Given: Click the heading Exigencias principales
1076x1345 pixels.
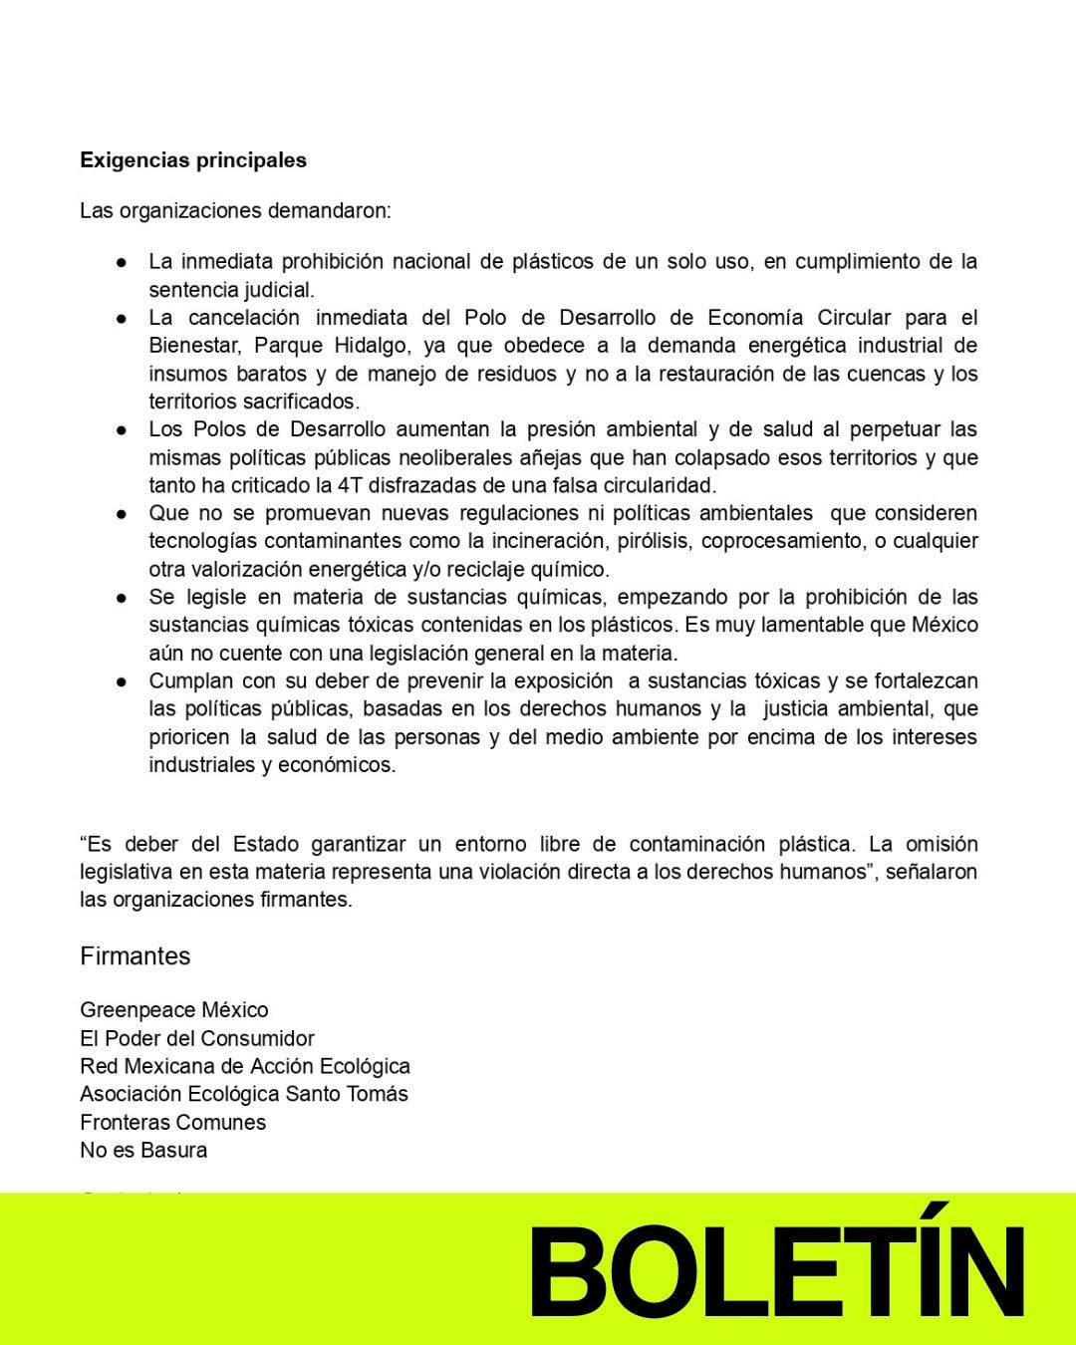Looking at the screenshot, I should [x=193, y=160].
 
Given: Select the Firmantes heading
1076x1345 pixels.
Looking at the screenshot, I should [x=134, y=956].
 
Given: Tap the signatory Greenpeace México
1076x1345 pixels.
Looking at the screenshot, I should [x=174, y=1010].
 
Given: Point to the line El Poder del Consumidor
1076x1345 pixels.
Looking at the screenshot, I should [x=197, y=1038].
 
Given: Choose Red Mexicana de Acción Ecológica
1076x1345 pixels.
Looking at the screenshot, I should [x=245, y=1066].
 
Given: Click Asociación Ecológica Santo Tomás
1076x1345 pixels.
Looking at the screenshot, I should [x=244, y=1094].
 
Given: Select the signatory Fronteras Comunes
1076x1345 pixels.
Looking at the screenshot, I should [x=173, y=1122].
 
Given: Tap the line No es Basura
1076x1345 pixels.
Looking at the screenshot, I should [x=143, y=1150].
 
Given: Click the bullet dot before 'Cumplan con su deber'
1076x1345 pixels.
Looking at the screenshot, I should [x=121, y=682].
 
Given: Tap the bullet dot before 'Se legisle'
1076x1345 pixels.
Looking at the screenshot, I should [x=121, y=599].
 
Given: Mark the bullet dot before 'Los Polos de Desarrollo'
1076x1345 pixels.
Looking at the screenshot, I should [x=121, y=430].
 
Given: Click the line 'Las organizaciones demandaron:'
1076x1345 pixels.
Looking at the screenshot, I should [x=236, y=211].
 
